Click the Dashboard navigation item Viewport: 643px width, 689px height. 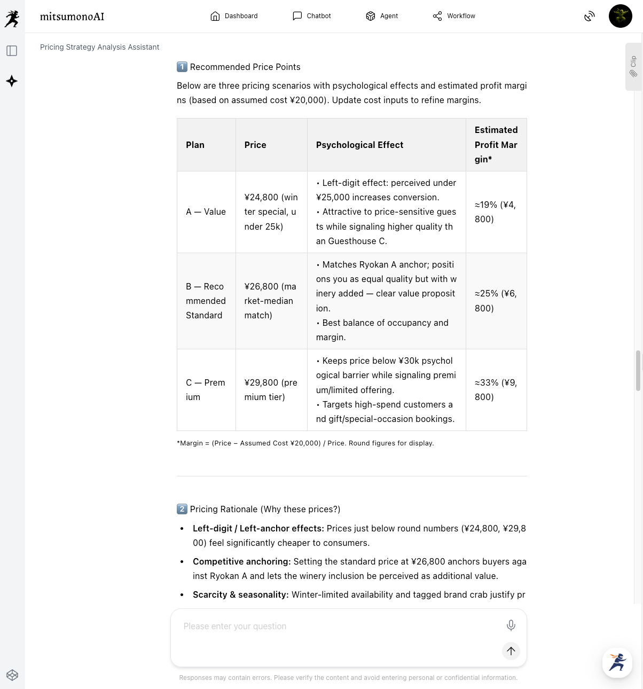pyautogui.click(x=234, y=16)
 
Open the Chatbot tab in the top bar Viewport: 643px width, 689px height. pyautogui.click(x=312, y=16)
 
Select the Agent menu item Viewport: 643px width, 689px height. pyautogui.click(x=382, y=16)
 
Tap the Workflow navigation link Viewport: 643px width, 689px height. pyautogui.click(x=454, y=16)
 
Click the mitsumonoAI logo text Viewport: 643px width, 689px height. pyautogui.click(x=72, y=17)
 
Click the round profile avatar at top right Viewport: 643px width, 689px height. pyautogui.click(x=620, y=16)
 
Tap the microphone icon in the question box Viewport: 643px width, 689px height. pyautogui.click(x=511, y=625)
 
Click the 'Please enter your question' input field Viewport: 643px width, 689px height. pyautogui.click(x=336, y=627)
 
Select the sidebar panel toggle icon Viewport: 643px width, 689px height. pyautogui.click(x=12, y=51)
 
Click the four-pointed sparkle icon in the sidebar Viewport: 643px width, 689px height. pyautogui.click(x=12, y=81)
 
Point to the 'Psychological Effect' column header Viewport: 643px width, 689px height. pyautogui.click(x=359, y=145)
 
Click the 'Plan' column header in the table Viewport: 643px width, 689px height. pyautogui.click(x=195, y=145)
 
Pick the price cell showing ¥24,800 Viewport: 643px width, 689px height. pyautogui.click(x=271, y=212)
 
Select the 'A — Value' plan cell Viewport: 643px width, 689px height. pyautogui.click(x=206, y=212)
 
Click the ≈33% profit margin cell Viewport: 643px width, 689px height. pyautogui.click(x=496, y=390)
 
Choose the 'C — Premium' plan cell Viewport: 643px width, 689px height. pyautogui.click(x=206, y=390)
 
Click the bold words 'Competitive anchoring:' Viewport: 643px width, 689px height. pyautogui.click(x=241, y=561)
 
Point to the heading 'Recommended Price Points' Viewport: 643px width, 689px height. pyautogui.click(x=245, y=67)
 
